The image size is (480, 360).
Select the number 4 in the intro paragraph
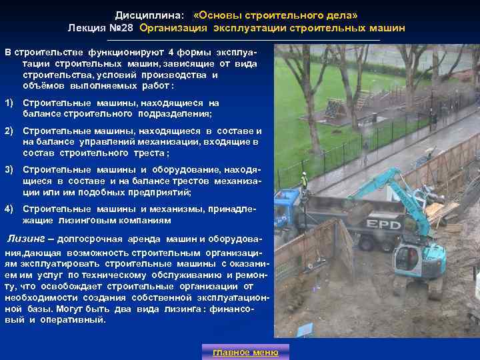(171, 53)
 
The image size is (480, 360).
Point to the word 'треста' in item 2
(147, 153)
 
